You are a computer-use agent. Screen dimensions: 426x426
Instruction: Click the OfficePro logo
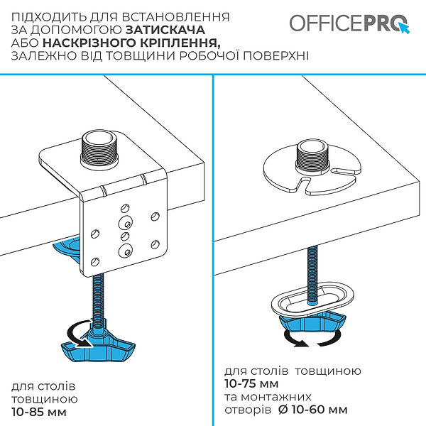coord(350,23)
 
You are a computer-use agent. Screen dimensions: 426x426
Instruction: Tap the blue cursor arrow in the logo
coord(405,28)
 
